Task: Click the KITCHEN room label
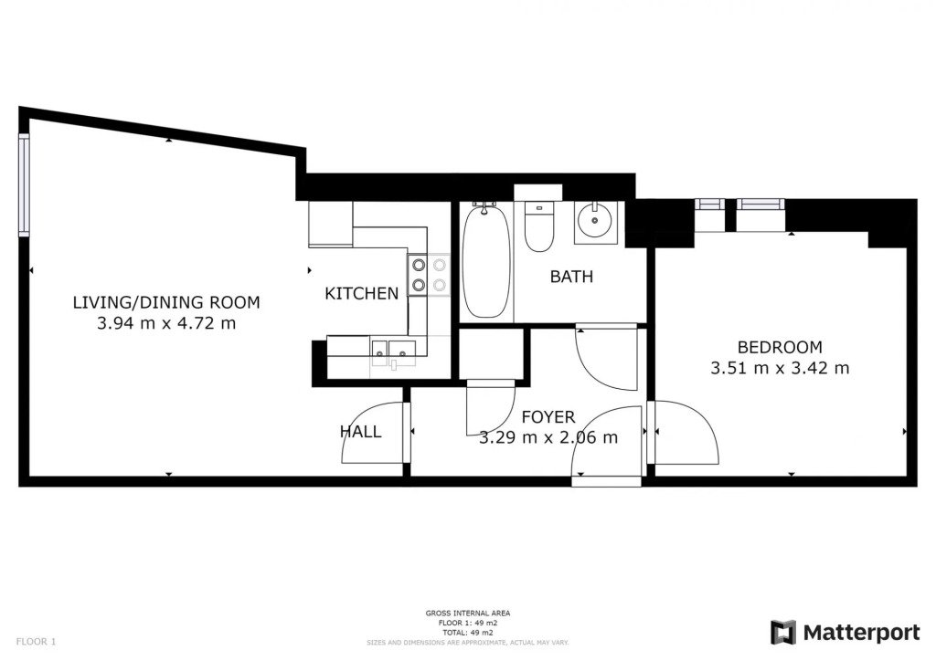click(x=361, y=293)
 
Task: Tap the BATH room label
click(x=571, y=277)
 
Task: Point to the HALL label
click(x=360, y=432)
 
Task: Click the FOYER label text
click(x=548, y=416)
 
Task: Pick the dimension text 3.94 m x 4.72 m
click(x=166, y=323)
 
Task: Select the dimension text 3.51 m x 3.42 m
click(x=780, y=368)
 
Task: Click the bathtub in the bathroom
click(x=487, y=260)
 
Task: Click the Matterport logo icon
click(x=782, y=633)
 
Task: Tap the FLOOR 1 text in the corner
click(x=36, y=642)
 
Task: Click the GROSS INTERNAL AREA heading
click(x=468, y=613)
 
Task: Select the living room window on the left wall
click(x=24, y=185)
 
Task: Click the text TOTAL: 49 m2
click(x=468, y=633)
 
